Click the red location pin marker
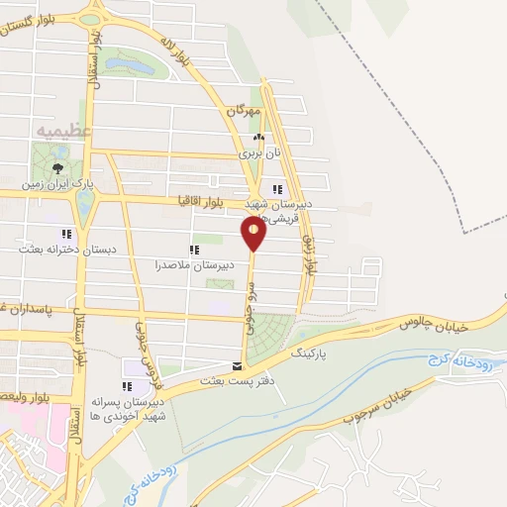253,233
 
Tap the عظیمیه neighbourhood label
63,131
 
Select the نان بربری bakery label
254,154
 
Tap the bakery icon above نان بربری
257,139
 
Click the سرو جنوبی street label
251,308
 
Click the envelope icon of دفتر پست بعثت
235,365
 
